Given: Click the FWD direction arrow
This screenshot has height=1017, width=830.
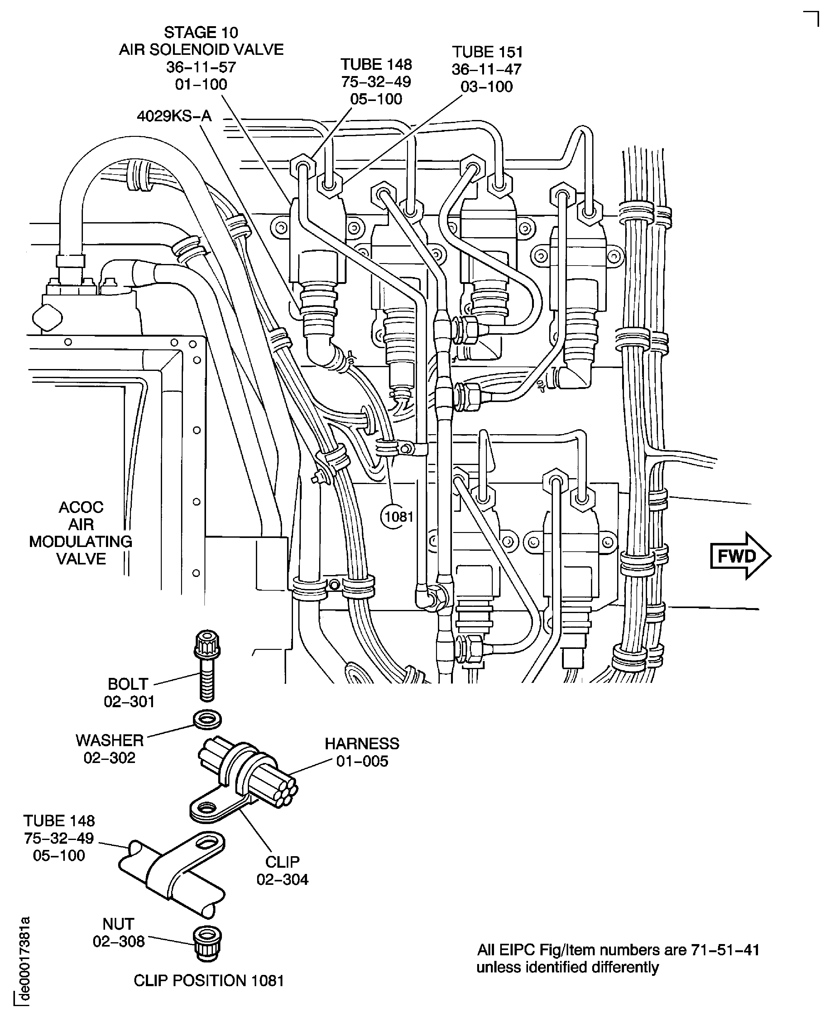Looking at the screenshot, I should click(x=740, y=556).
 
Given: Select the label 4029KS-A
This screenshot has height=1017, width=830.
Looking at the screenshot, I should click(x=174, y=116).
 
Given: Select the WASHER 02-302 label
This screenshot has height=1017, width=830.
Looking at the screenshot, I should click(x=109, y=749).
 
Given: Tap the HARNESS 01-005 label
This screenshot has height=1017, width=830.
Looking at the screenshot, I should click(x=362, y=752).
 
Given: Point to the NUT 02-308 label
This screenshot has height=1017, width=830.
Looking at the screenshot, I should click(x=118, y=932).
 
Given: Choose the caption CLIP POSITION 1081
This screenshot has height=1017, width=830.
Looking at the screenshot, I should click(x=209, y=980).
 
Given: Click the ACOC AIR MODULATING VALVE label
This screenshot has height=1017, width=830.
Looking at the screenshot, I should click(x=81, y=533).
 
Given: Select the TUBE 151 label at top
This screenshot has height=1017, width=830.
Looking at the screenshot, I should click(x=487, y=69).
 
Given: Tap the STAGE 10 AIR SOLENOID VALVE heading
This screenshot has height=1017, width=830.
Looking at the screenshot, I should click(x=201, y=58).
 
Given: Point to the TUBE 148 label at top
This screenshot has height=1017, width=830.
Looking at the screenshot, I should click(x=376, y=81).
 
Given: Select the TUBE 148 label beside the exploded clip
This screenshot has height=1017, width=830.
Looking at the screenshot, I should click(x=59, y=838).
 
